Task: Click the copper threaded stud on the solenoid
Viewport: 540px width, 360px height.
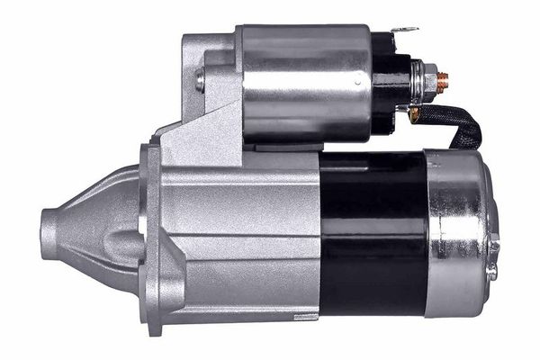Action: click(x=443, y=80)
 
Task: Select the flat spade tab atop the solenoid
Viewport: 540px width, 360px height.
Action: click(x=407, y=31)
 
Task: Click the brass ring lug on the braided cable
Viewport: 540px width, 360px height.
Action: click(x=414, y=113)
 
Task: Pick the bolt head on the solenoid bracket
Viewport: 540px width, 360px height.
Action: click(x=199, y=80)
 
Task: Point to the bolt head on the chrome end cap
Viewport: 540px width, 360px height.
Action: click(x=493, y=245)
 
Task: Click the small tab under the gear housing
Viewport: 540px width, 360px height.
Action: click(x=306, y=317)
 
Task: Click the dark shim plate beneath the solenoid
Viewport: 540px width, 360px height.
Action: click(x=288, y=144)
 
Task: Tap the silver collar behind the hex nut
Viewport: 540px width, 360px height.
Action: click(x=418, y=81)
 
